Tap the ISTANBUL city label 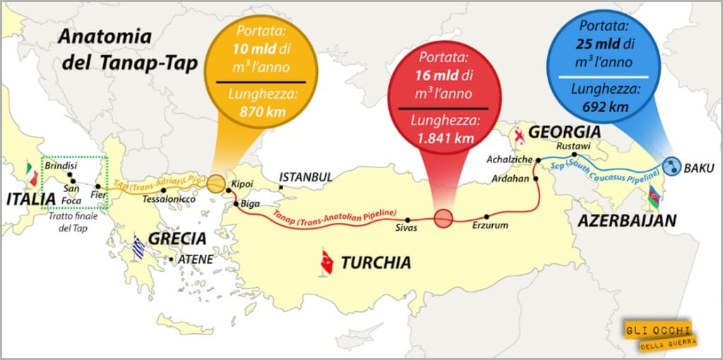305,176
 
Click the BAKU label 700,168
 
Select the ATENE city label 195,260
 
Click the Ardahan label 508,178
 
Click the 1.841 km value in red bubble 445,138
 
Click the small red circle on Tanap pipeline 443,218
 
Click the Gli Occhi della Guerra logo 658,334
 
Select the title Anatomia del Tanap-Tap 106,50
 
